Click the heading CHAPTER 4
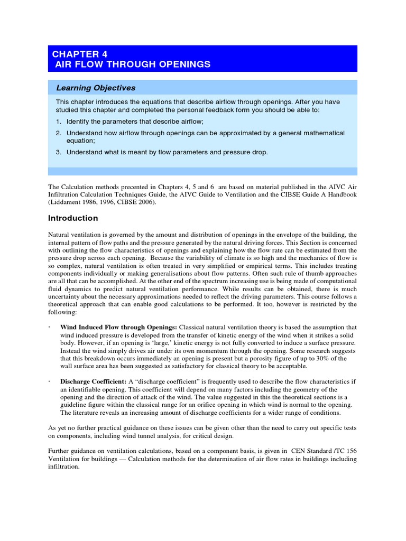tap(76, 54)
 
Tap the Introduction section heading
tap(73, 218)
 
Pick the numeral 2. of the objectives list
tap(59, 133)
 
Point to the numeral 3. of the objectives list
tap(59, 152)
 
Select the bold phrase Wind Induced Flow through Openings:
tap(119, 328)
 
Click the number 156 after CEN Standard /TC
tap(350, 452)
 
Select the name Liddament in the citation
tap(66, 202)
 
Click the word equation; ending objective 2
tap(80, 141)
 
